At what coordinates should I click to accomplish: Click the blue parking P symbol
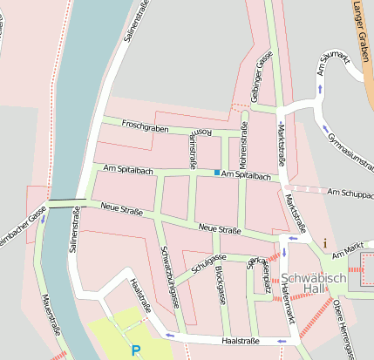pos(135,350)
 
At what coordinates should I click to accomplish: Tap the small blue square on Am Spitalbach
pos(217,173)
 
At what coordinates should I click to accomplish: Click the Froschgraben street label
pos(145,127)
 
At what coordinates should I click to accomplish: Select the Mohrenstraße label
pos(243,146)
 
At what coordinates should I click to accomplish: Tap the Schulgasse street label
pos(208,263)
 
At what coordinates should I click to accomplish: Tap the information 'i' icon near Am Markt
pos(325,243)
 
